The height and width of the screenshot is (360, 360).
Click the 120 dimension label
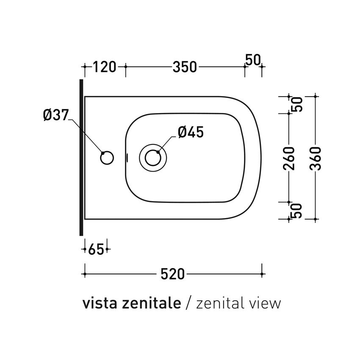click(x=104, y=67)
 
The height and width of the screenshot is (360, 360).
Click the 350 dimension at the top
click(x=184, y=67)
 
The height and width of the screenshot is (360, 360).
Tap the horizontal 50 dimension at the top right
click(x=252, y=60)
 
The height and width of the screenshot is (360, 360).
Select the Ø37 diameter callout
click(x=55, y=115)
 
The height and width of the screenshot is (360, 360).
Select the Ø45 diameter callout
click(x=191, y=132)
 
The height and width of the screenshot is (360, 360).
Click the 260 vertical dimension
click(x=289, y=158)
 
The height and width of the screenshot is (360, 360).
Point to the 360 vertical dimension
click(x=316, y=158)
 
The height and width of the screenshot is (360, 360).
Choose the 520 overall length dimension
click(x=173, y=274)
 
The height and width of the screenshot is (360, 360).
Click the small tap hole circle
click(x=107, y=158)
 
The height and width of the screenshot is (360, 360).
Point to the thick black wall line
click(x=80, y=157)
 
